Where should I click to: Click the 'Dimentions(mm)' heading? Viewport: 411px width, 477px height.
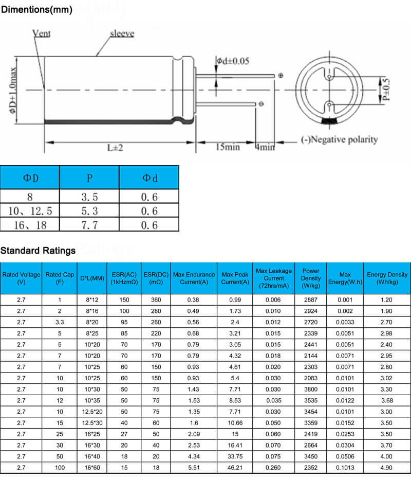tap(36, 9)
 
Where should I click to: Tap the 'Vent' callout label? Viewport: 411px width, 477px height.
tap(41, 33)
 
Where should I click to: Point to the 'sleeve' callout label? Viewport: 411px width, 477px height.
tap(122, 34)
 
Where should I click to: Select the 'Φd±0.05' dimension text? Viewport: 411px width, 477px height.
tap(232, 61)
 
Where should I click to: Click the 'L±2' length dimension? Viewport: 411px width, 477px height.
tap(116, 147)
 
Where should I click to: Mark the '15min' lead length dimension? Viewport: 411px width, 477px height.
tap(227, 147)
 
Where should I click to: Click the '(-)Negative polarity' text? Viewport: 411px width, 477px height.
tap(339, 139)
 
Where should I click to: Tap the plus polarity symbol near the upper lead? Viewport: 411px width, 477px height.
tap(281, 76)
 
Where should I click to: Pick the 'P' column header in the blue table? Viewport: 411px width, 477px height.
tap(89, 178)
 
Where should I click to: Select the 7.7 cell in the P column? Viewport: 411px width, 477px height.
tap(89, 225)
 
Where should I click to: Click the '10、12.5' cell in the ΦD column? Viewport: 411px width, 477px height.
tap(30, 211)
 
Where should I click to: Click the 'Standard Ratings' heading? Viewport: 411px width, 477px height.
tap(38, 251)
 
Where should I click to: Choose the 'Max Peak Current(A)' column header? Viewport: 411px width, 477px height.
tap(235, 278)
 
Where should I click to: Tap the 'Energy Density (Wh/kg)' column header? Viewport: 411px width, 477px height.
tap(387, 278)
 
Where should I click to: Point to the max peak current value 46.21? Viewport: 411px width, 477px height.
tap(235, 468)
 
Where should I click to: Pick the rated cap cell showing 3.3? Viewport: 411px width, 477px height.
tap(60, 322)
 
